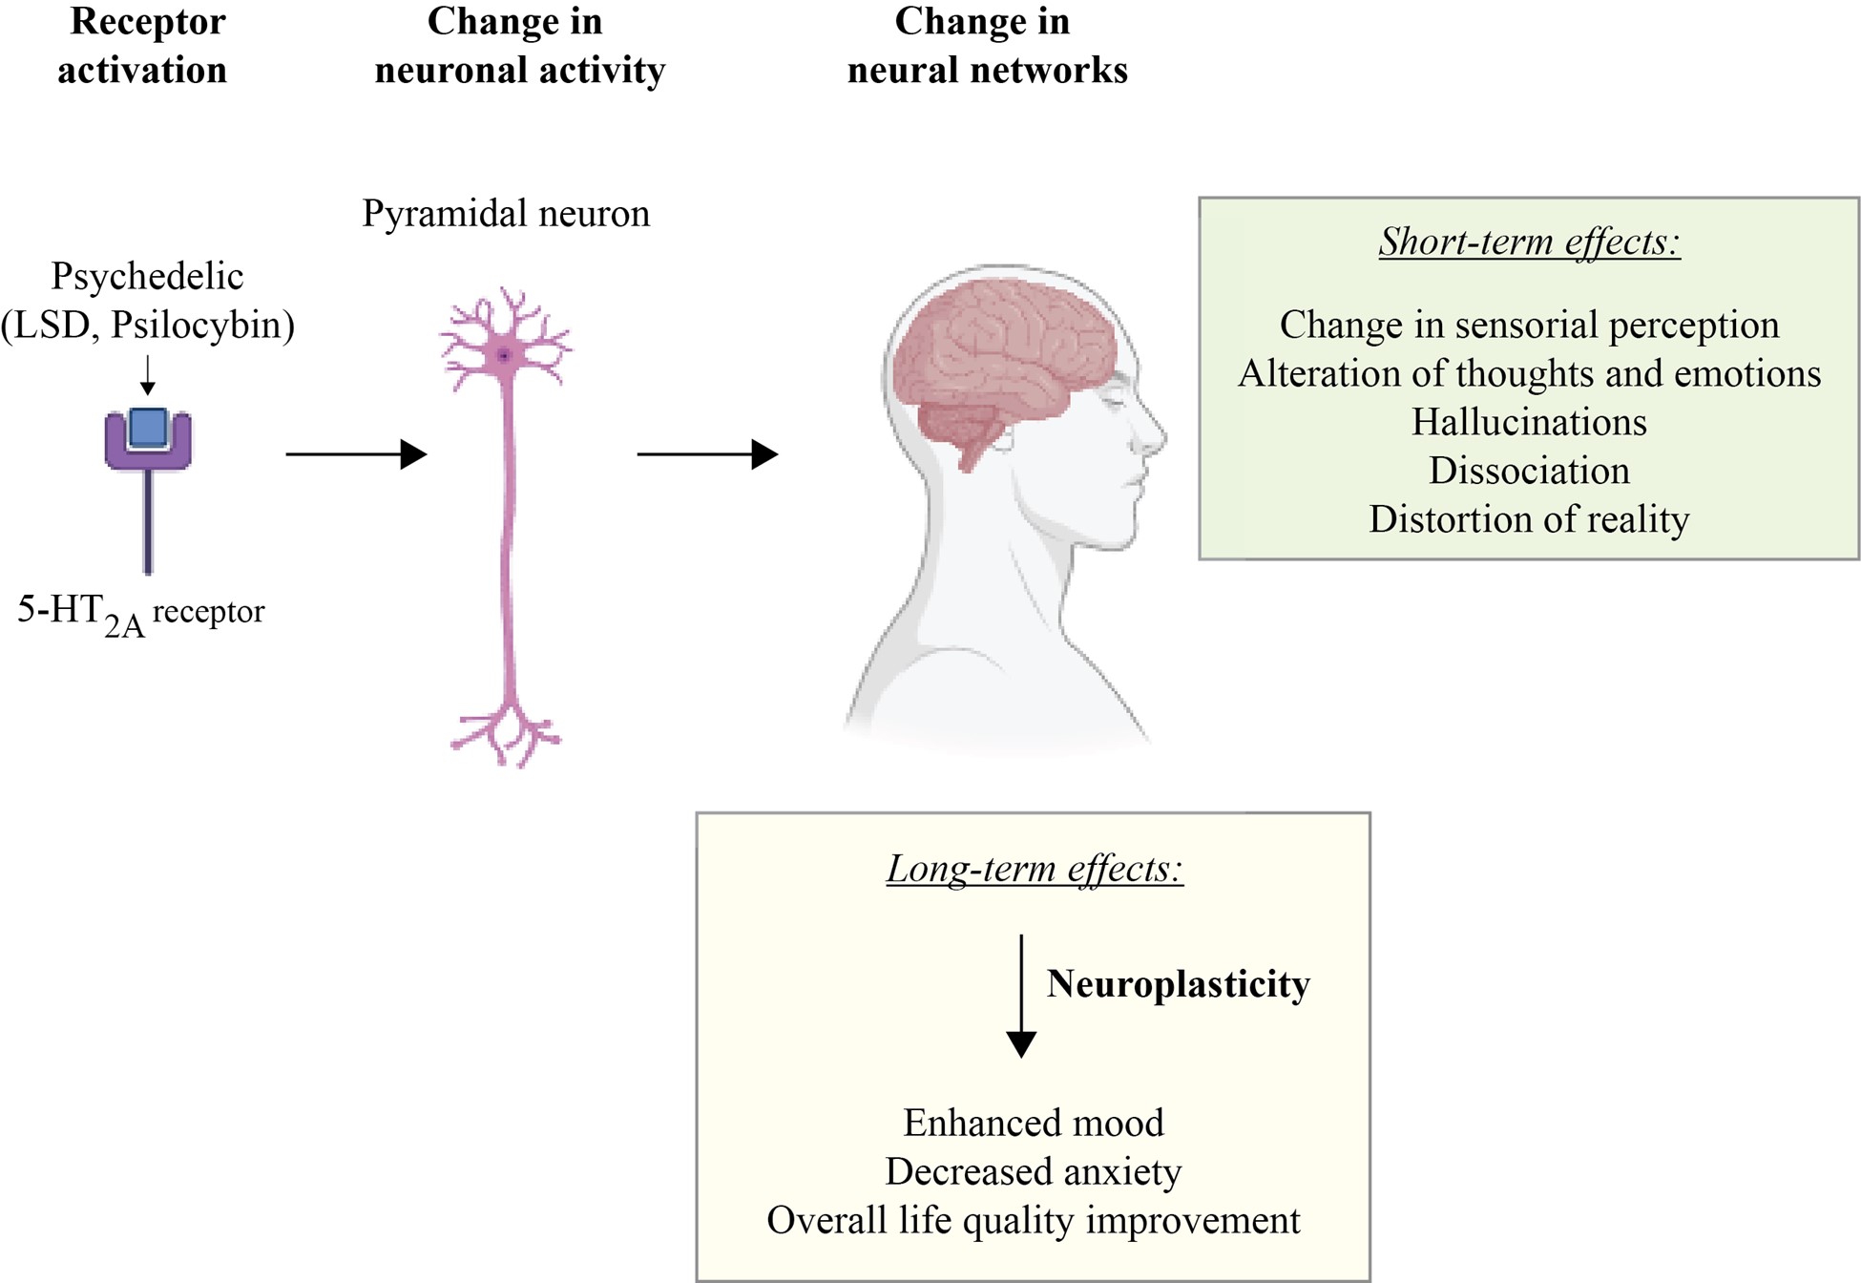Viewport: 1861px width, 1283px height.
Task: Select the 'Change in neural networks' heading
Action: point(987,45)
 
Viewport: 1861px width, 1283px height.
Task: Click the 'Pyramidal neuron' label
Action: point(506,213)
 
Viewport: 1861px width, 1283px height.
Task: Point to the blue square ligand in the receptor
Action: point(148,428)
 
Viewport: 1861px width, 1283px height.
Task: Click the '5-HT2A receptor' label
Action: point(140,613)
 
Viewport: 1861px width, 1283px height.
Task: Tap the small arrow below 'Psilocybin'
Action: point(147,375)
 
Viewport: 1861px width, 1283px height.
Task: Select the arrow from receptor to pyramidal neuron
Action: point(355,454)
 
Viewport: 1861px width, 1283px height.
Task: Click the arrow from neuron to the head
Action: point(706,454)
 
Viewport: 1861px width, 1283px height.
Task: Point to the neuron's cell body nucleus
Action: point(504,356)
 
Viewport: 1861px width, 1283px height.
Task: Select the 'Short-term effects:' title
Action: point(1529,242)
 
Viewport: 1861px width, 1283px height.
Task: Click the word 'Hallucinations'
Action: point(1529,422)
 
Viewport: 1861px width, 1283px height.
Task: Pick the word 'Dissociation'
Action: point(1529,471)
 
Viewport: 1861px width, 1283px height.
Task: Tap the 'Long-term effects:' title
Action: point(1035,869)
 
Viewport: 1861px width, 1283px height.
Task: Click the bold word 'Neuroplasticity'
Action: point(1178,984)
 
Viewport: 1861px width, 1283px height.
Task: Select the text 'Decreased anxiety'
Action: point(1034,1171)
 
